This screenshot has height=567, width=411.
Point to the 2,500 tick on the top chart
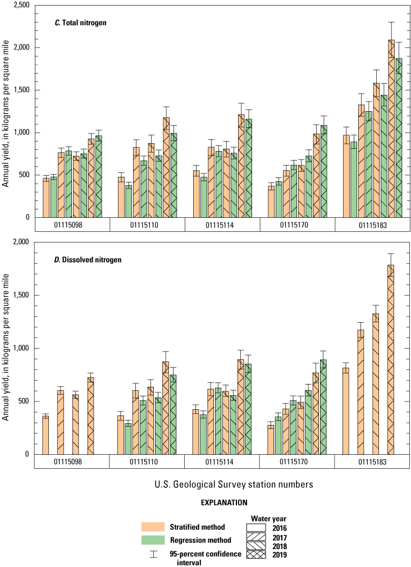pyautogui.click(x=21, y=5)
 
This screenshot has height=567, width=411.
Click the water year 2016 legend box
pyautogui.click(x=263, y=527)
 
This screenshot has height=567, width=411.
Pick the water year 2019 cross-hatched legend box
pyautogui.click(x=263, y=555)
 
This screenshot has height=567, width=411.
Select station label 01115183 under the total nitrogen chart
pyautogui.click(x=373, y=225)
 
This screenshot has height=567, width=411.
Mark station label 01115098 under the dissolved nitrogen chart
pyautogui.click(x=72, y=461)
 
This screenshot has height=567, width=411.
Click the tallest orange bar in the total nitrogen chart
pyautogui.click(x=391, y=129)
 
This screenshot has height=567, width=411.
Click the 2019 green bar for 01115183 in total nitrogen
pyautogui.click(x=399, y=138)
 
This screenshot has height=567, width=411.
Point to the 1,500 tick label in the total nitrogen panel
pyautogui.click(x=21, y=90)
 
